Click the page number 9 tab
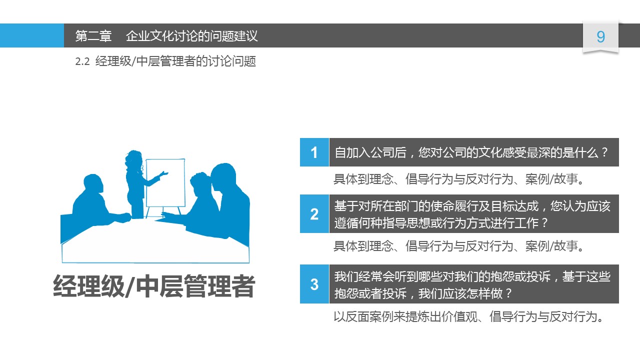600,37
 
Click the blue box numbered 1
314,152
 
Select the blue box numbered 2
314,213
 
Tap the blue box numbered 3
314,284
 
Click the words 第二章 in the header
93,36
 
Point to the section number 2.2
82,61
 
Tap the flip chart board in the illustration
165,183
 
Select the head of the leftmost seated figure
92,184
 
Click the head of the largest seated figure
223,177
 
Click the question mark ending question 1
604,152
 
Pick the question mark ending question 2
544,223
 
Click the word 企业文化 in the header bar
150,36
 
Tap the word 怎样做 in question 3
484,293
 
